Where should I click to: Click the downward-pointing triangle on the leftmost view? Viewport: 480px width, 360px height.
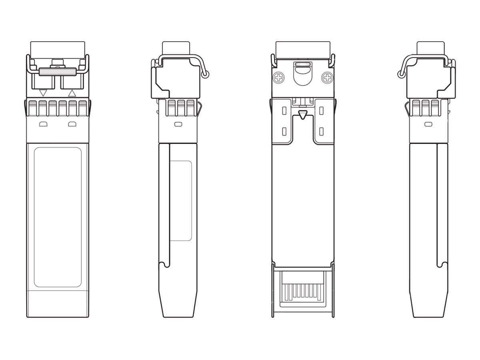(x=44, y=93)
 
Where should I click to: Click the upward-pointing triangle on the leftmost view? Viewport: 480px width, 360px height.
(x=72, y=93)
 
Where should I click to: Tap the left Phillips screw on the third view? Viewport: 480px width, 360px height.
(x=278, y=78)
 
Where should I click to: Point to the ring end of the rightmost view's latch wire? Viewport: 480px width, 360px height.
(x=400, y=74)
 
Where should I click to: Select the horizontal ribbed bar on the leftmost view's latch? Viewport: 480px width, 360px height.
(x=58, y=72)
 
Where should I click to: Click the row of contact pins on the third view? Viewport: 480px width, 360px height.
(x=303, y=292)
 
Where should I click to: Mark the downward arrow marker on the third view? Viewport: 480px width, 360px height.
(x=303, y=116)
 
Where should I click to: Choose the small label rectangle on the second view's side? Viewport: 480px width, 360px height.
(x=181, y=201)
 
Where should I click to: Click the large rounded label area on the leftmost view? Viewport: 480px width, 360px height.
(x=58, y=217)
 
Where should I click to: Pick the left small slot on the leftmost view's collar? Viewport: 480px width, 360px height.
(x=43, y=124)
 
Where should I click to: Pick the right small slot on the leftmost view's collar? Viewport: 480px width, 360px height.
(x=72, y=124)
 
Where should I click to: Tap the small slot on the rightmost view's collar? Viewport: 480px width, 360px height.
(x=428, y=124)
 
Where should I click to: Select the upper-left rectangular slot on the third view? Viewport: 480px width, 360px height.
(x=284, y=111)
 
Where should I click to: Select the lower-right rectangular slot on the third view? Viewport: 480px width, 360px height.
(x=322, y=131)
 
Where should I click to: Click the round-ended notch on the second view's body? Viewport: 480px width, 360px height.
(x=164, y=264)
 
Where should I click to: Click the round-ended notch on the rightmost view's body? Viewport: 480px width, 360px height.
(x=442, y=264)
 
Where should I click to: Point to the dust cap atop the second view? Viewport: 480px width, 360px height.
(x=176, y=48)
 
